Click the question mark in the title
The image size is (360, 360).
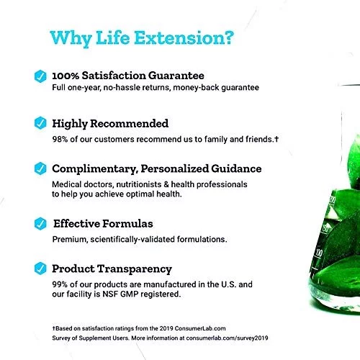click(228, 37)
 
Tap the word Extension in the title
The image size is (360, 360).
click(179, 37)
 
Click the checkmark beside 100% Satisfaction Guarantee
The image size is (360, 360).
click(40, 76)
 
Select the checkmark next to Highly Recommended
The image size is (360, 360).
click(40, 123)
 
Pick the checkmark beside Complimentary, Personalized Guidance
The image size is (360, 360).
click(40, 168)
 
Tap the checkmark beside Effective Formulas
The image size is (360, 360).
click(40, 224)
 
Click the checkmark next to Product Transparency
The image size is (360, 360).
click(40, 269)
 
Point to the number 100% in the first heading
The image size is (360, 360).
click(66, 76)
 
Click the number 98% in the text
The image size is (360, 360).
click(60, 139)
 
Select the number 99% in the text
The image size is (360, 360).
click(60, 284)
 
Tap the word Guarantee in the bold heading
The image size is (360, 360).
click(176, 76)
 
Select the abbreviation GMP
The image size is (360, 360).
click(129, 294)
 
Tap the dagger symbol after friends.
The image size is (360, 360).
click(276, 139)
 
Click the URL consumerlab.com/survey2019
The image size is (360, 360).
click(227, 338)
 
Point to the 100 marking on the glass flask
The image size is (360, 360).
click(319, 253)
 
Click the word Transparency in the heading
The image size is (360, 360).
click(135, 269)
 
